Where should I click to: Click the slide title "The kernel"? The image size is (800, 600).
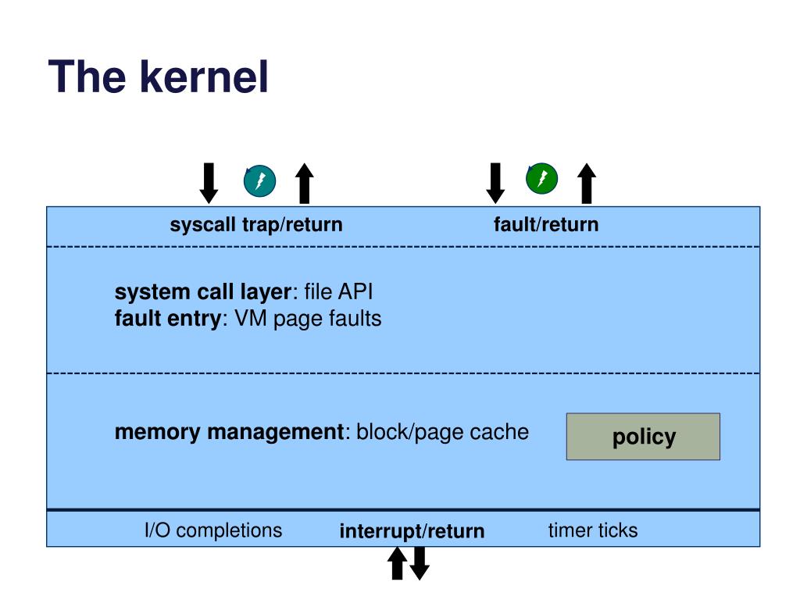pos(158,77)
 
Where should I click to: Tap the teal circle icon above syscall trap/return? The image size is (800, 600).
pos(259,181)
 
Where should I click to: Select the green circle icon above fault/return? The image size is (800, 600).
pos(542,179)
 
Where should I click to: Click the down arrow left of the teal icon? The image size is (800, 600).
pos(209,183)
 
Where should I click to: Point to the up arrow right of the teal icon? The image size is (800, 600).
pos(305,183)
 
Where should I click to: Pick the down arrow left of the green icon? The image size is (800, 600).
pos(495,183)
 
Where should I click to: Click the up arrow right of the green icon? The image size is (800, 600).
pos(587,183)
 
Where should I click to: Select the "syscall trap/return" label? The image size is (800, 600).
pos(256,225)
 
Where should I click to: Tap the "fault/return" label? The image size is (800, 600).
pos(546,224)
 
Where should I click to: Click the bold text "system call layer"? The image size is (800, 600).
pos(203,292)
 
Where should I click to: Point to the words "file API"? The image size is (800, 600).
pos(339,292)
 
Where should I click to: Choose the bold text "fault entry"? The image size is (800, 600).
pos(168,319)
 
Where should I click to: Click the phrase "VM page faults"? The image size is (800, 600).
pos(308,319)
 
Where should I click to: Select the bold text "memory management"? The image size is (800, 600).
pos(229,432)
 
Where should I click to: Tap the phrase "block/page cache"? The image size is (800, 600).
pos(442,432)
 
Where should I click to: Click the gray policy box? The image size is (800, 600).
pos(644,437)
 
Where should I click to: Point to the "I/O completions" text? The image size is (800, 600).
pos(213,530)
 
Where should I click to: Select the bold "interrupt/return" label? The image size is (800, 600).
pos(412,531)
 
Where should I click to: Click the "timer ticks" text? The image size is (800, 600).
pos(593,530)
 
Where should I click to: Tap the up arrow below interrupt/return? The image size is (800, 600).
pos(398,563)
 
